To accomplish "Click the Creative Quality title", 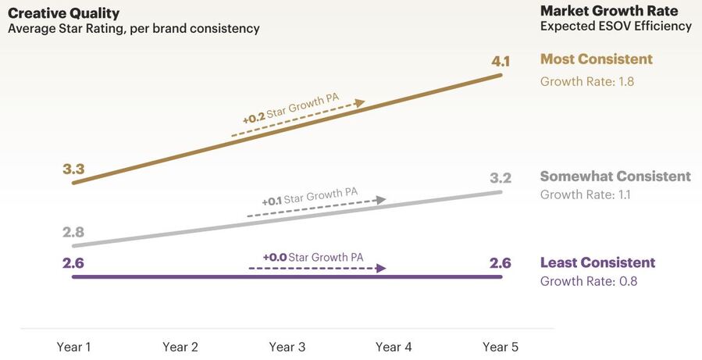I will pos(64,12).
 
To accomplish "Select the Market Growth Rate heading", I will pos(609,10).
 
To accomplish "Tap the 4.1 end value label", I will pos(501,60).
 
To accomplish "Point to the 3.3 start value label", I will pos(73,168).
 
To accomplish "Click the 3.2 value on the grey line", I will pos(500,178).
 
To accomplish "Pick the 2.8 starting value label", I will pos(73,232).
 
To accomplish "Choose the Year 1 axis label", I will pos(75,347).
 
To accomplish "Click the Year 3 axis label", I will pos(287,347).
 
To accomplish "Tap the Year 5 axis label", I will pos(500,347).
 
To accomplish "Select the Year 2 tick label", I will pos(181,347).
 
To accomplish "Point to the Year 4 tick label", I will pos(394,347).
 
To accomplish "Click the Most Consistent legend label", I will pos(597,59).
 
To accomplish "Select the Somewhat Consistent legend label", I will pos(615,176).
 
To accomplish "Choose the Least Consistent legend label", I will pos(597,262).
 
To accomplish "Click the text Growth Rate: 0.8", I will pos(589,281).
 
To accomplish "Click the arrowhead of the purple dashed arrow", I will pos(381,268).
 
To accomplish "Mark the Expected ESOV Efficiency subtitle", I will pos(615,27).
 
